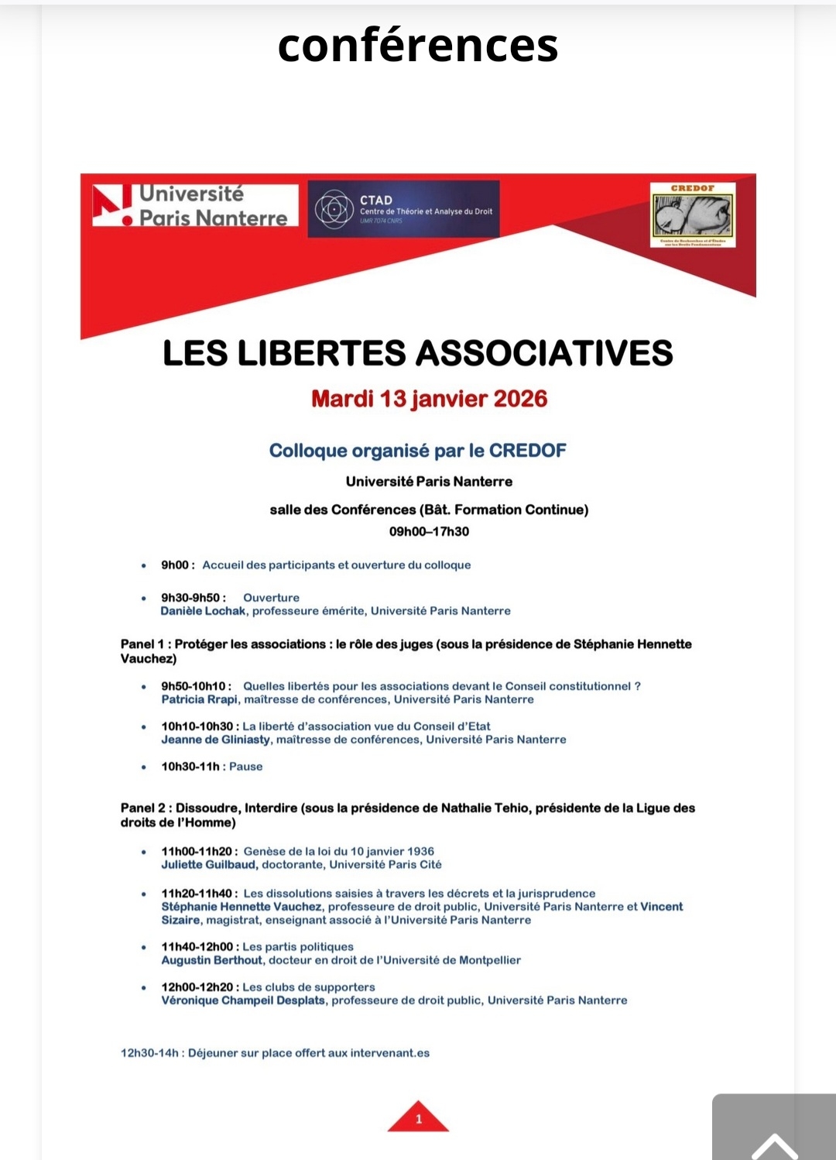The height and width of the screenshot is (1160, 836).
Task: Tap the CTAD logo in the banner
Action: point(403,209)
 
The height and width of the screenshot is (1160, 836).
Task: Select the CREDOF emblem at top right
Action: point(692,215)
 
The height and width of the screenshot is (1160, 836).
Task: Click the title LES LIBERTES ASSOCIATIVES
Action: point(417,353)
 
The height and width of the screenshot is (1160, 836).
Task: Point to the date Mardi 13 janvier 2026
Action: point(429,399)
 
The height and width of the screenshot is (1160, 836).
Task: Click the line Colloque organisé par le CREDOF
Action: point(417,451)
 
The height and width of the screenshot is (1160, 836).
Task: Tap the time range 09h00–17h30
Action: point(429,531)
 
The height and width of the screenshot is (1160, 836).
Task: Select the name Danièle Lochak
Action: point(203,611)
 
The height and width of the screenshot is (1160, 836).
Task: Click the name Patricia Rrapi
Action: point(200,699)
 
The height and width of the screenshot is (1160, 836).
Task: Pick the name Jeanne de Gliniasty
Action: point(215,740)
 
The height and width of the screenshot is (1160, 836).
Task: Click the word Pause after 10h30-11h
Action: point(245,767)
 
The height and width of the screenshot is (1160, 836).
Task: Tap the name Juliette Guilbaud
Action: point(208,864)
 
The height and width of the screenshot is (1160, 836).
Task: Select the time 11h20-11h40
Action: point(198,894)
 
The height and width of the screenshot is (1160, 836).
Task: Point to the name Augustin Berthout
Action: point(211,960)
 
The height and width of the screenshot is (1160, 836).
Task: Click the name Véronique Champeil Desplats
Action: point(243,1000)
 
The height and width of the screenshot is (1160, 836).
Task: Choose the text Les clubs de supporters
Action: point(308,987)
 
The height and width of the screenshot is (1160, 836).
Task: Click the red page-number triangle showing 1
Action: point(418,1117)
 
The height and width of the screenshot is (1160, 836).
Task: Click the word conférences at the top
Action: point(417,45)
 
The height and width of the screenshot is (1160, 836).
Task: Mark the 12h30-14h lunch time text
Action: point(149,1053)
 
